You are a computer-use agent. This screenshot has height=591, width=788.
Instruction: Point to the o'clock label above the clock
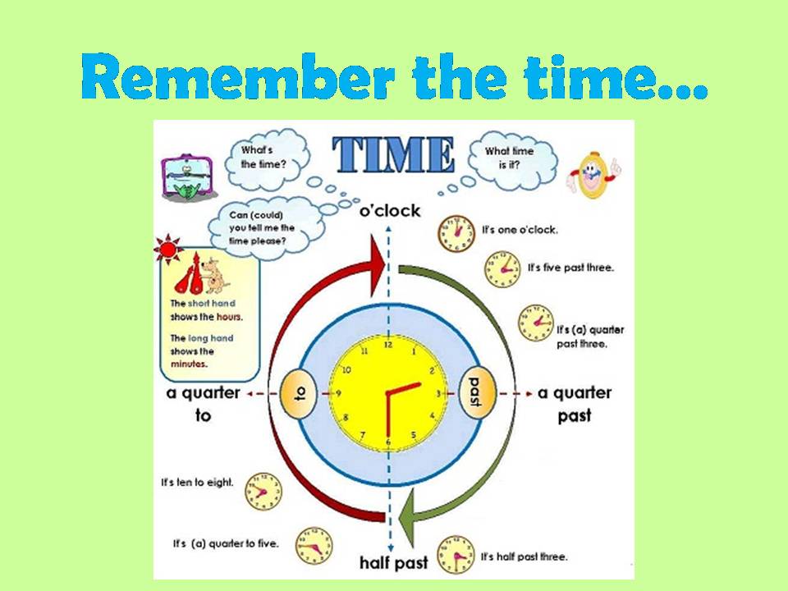click(x=390, y=211)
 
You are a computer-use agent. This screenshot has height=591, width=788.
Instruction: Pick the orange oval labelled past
click(x=474, y=395)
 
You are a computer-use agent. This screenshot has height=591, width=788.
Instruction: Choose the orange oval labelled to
click(x=299, y=395)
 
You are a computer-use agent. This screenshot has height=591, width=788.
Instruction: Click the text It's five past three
click(x=570, y=268)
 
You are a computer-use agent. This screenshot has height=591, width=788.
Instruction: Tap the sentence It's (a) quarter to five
click(x=226, y=543)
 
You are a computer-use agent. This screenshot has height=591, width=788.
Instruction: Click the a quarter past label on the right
click(x=574, y=404)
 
